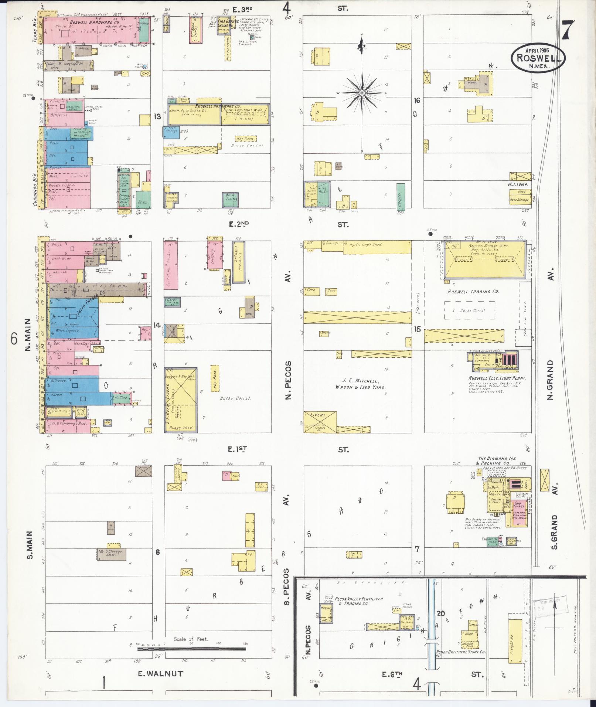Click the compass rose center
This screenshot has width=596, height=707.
(362, 92)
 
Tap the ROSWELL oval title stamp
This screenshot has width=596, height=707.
(538, 58)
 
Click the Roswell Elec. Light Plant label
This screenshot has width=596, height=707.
(497, 378)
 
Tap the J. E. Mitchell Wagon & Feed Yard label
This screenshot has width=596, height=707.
(360, 384)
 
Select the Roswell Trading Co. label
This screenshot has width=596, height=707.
(473, 292)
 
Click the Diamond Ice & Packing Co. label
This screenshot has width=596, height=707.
(497, 460)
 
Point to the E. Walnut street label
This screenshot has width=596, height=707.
(160, 674)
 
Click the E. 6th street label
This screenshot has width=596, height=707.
(392, 674)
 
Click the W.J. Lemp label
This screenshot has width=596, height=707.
(518, 184)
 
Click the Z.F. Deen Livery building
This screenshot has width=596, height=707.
(181, 400)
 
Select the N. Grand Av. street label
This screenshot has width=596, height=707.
(550, 380)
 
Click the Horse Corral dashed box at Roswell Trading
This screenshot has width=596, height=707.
(469, 310)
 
